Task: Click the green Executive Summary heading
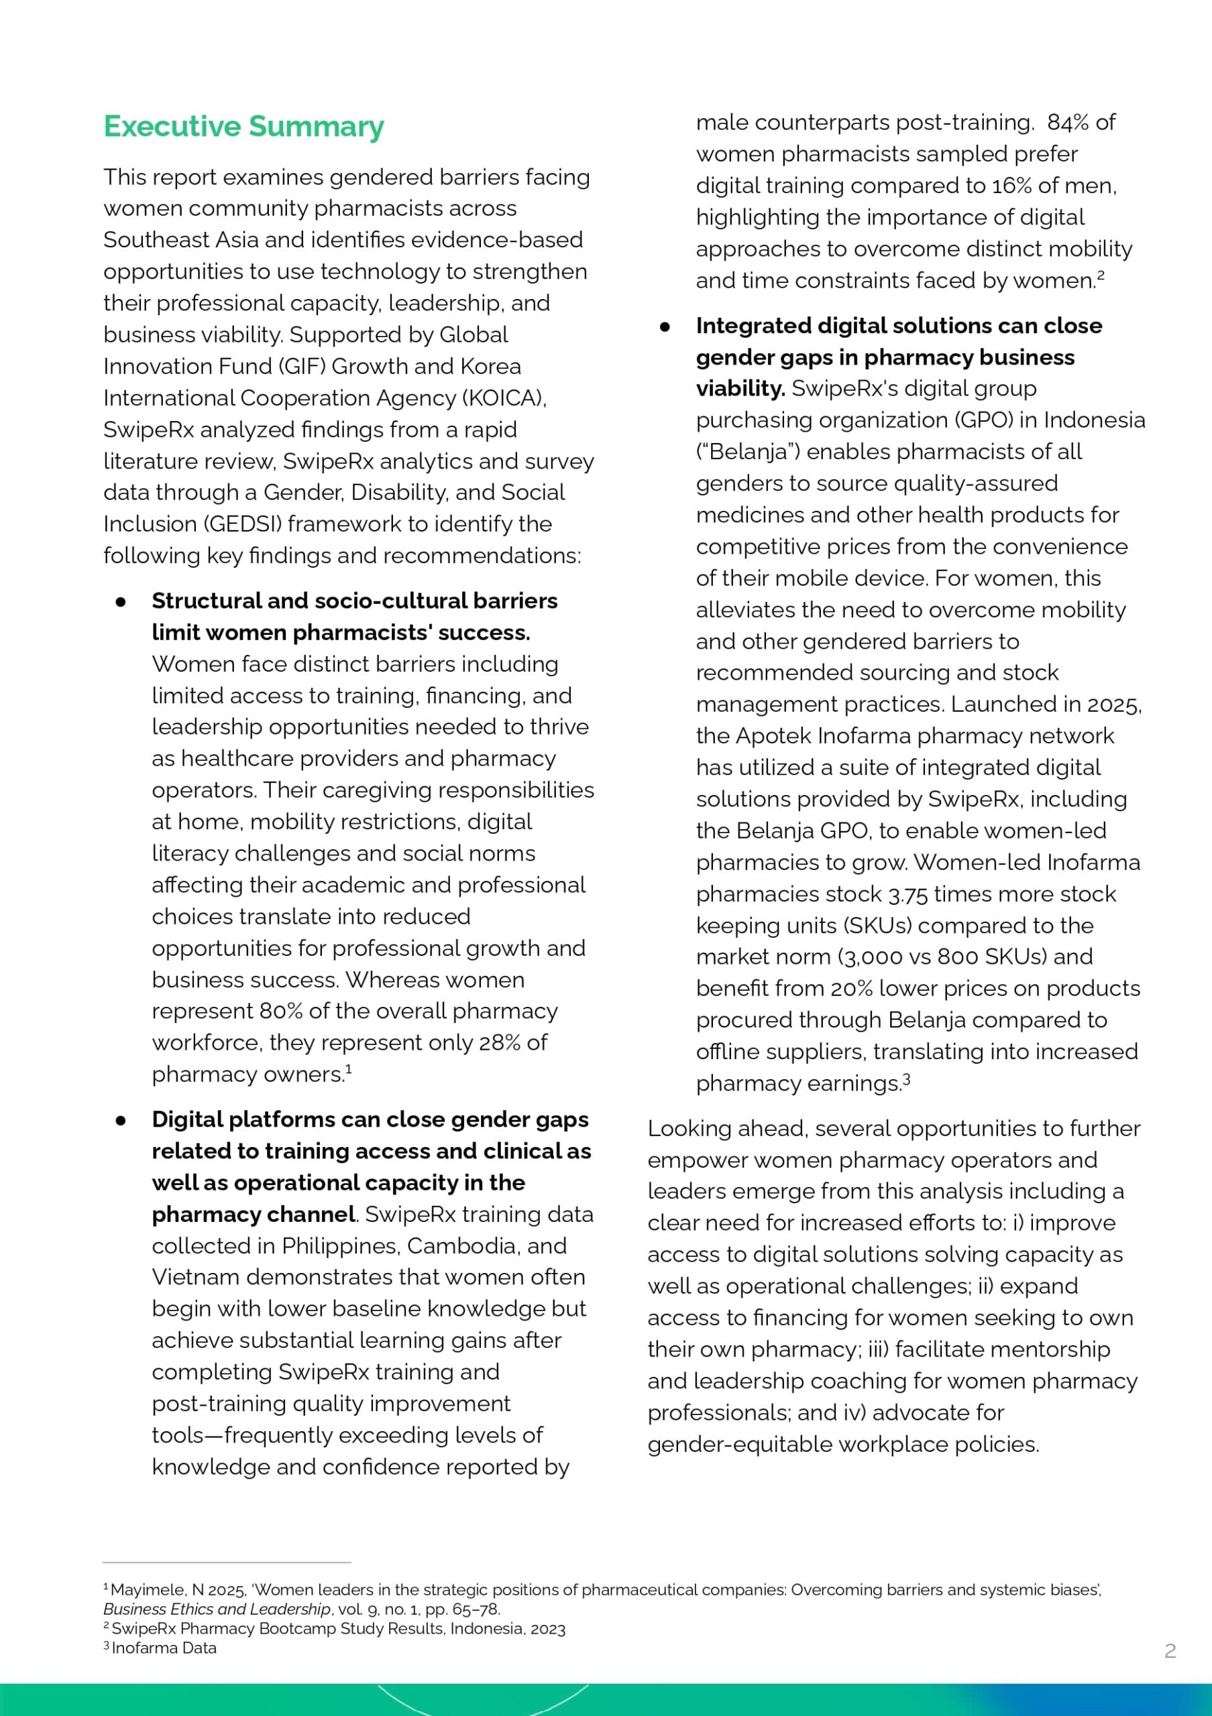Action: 243,126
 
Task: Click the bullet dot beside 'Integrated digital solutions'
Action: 665,326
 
